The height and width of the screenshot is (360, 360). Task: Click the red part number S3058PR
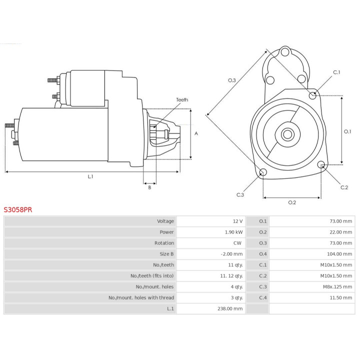pyautogui.click(x=18, y=210)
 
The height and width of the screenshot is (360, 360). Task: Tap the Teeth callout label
pyautogui.click(x=182, y=100)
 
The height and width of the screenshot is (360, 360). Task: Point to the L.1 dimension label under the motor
pyautogui.click(x=90, y=176)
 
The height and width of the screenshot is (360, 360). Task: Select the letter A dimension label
pyautogui.click(x=196, y=133)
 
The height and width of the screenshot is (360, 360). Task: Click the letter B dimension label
pyautogui.click(x=149, y=187)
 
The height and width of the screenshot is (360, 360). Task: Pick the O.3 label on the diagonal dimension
pyautogui.click(x=232, y=80)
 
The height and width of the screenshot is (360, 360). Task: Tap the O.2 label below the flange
pyautogui.click(x=292, y=202)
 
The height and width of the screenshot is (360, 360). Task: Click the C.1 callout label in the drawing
pyautogui.click(x=336, y=72)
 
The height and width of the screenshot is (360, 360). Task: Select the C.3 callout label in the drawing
pyautogui.click(x=240, y=195)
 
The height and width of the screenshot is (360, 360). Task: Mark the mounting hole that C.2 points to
pyautogui.click(x=321, y=164)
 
